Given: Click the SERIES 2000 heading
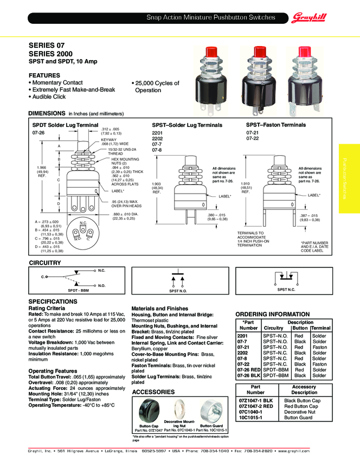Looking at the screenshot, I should (x=50, y=55).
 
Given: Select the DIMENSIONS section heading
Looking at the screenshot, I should (x=47, y=114).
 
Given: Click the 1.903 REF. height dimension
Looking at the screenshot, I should (x=157, y=187).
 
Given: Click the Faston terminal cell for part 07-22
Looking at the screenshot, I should (x=319, y=364).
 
